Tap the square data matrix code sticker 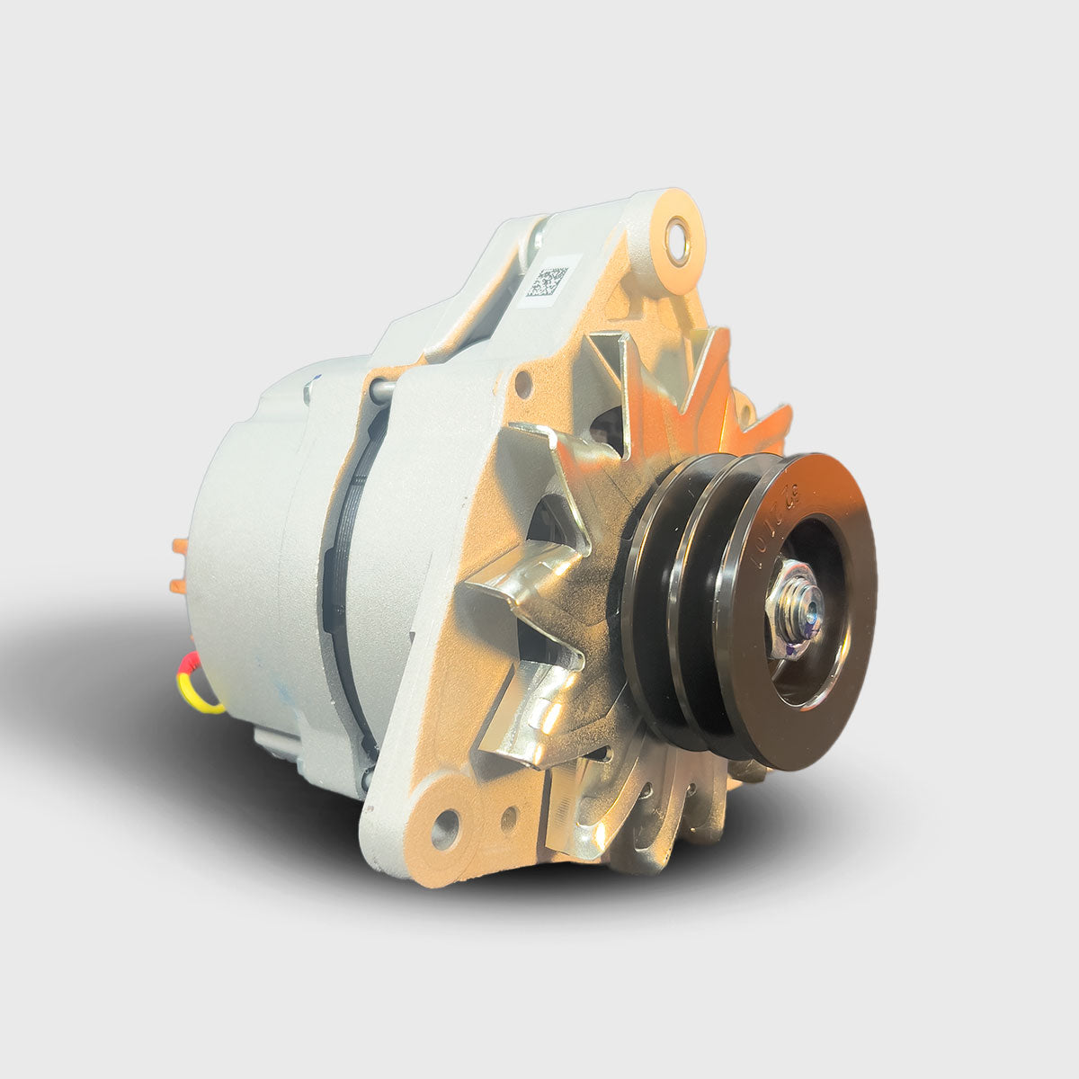547,281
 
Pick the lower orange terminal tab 178,586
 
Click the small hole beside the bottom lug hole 509,816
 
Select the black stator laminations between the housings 346,575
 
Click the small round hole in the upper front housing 522,389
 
